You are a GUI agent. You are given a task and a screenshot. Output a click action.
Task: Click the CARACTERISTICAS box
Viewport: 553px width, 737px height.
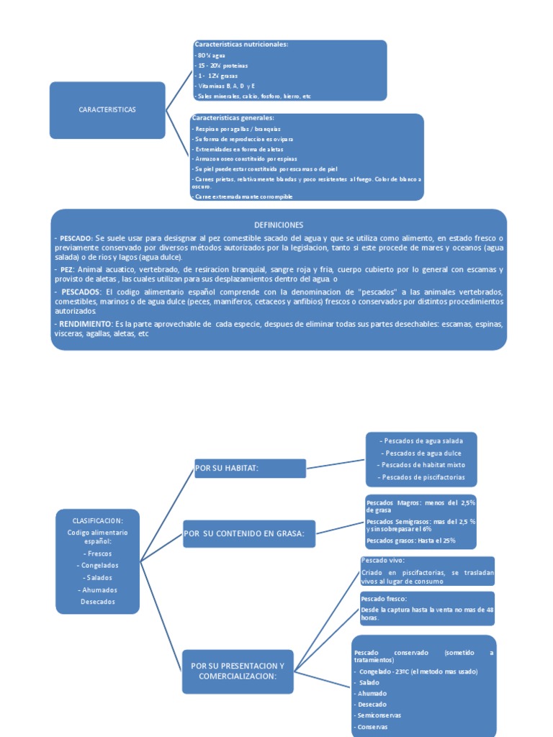tap(107, 109)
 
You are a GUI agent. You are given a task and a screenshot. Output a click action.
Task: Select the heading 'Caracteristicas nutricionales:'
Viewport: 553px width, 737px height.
tap(240, 45)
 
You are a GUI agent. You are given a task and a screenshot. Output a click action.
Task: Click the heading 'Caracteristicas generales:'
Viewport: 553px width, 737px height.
tap(233, 118)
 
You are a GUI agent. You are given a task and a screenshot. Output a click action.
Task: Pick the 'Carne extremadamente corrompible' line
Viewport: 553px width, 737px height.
tap(243, 196)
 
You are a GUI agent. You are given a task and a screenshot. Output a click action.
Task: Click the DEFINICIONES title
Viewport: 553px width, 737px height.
tap(279, 225)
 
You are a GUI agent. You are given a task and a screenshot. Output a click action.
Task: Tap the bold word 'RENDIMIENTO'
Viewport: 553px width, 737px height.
tap(84, 324)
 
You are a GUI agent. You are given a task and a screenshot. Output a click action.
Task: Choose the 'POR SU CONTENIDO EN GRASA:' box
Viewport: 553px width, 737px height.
tap(249, 533)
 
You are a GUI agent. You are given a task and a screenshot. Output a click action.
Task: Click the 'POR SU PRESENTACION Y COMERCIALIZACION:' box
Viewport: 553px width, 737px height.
tap(238, 671)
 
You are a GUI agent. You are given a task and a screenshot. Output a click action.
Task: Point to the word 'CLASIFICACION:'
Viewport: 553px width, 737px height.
tap(97, 520)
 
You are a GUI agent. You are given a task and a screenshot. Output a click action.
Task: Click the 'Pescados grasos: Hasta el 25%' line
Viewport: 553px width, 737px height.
tap(411, 541)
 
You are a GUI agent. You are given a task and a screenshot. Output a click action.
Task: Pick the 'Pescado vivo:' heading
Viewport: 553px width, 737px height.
tap(382, 561)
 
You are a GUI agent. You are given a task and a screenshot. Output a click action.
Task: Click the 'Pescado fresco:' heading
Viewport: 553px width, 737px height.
tap(384, 598)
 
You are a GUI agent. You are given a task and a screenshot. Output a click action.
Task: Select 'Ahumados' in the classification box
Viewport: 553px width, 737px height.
tap(97, 589)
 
